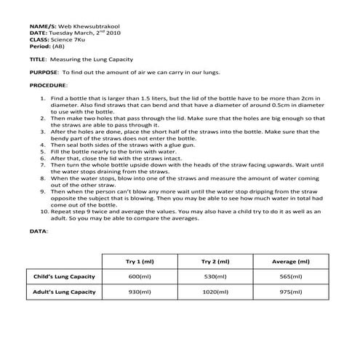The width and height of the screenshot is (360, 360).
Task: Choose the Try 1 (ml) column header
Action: [x=140, y=261]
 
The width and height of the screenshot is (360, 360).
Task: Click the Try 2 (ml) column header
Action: [x=216, y=261]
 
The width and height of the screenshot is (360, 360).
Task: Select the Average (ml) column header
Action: [x=293, y=261]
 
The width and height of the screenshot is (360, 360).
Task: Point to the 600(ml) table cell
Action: [x=140, y=277]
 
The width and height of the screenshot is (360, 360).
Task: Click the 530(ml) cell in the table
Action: [x=216, y=277]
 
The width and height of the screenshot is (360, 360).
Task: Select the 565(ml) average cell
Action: [x=292, y=277]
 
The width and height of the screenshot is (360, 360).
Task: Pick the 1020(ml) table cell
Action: [x=216, y=292]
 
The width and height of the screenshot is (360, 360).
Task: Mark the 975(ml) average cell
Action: [x=292, y=292]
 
